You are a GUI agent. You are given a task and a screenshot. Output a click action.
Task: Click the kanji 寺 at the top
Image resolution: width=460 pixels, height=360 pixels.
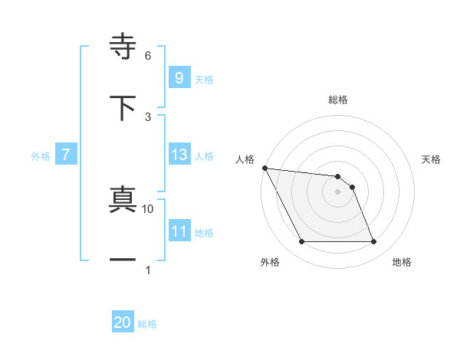point(123,46)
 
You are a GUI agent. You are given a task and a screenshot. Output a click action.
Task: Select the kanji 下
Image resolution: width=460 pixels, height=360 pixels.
point(123,107)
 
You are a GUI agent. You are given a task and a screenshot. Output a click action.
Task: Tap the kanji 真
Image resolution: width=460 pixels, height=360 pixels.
point(123,199)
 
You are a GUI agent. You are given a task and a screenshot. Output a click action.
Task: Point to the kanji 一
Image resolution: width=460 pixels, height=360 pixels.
point(123,260)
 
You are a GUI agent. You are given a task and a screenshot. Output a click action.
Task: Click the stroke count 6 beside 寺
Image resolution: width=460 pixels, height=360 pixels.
point(148,56)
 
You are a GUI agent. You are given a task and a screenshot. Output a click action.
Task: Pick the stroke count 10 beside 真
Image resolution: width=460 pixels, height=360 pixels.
point(148,208)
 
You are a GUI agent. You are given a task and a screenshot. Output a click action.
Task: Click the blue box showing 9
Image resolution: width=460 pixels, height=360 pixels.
point(179,77)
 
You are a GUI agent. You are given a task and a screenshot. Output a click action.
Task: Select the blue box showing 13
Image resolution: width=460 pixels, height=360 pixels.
point(179,155)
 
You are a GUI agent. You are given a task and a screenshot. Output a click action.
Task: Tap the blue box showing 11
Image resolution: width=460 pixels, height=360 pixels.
point(179,231)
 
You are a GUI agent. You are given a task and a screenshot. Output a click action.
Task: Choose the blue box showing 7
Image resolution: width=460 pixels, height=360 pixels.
point(66,155)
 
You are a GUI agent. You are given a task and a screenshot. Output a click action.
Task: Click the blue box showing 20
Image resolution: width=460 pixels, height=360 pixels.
point(123,323)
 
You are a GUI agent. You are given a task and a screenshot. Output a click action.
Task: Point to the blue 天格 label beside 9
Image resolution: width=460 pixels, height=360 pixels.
point(204,79)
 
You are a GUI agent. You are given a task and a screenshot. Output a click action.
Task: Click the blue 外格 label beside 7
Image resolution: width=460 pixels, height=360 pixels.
point(41,156)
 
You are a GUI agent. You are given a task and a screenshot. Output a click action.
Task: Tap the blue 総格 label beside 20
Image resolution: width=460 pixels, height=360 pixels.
point(147,324)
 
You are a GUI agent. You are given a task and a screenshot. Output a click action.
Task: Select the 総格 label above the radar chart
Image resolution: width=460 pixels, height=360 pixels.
point(338,100)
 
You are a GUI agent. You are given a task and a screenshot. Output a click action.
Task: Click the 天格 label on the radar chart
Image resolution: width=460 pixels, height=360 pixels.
point(431,159)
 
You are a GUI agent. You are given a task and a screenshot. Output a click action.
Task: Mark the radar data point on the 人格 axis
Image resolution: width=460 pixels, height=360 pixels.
point(264,168)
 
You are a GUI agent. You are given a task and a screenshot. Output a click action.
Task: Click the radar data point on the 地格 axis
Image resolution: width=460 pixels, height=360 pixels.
point(373,242)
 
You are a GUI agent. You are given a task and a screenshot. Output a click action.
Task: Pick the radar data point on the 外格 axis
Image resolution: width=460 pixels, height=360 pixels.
point(301,242)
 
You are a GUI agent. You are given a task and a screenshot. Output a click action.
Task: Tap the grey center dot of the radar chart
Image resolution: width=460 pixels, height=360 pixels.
point(337,191)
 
